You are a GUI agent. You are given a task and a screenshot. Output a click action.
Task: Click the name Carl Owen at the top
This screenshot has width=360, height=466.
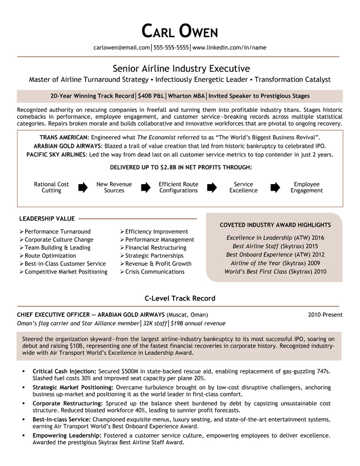coord(180,31)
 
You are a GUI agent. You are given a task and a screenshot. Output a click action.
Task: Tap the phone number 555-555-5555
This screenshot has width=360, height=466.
coord(171,47)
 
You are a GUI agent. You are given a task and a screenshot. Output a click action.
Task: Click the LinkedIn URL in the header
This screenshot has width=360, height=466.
coord(229,47)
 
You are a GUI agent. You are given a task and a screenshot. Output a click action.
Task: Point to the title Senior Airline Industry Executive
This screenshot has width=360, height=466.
coord(180,68)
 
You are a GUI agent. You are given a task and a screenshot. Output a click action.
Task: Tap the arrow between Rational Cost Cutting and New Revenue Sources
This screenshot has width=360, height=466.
coord(82,187)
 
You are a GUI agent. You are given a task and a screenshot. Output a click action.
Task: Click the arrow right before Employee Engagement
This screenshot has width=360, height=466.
coord(275,187)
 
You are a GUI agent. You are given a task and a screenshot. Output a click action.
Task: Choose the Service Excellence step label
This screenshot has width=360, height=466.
coord(243,187)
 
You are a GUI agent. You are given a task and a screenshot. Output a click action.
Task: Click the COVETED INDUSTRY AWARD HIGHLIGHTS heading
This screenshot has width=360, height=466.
coord(275,225)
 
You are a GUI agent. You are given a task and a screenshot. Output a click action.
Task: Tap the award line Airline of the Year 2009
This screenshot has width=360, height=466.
coord(275,263)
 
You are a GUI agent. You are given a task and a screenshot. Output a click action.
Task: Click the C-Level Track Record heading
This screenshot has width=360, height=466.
coord(180,298)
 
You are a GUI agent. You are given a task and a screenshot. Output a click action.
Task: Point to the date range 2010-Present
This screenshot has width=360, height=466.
coord(325,315)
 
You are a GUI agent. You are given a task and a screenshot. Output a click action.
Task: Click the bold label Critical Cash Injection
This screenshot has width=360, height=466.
coord(64,372)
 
